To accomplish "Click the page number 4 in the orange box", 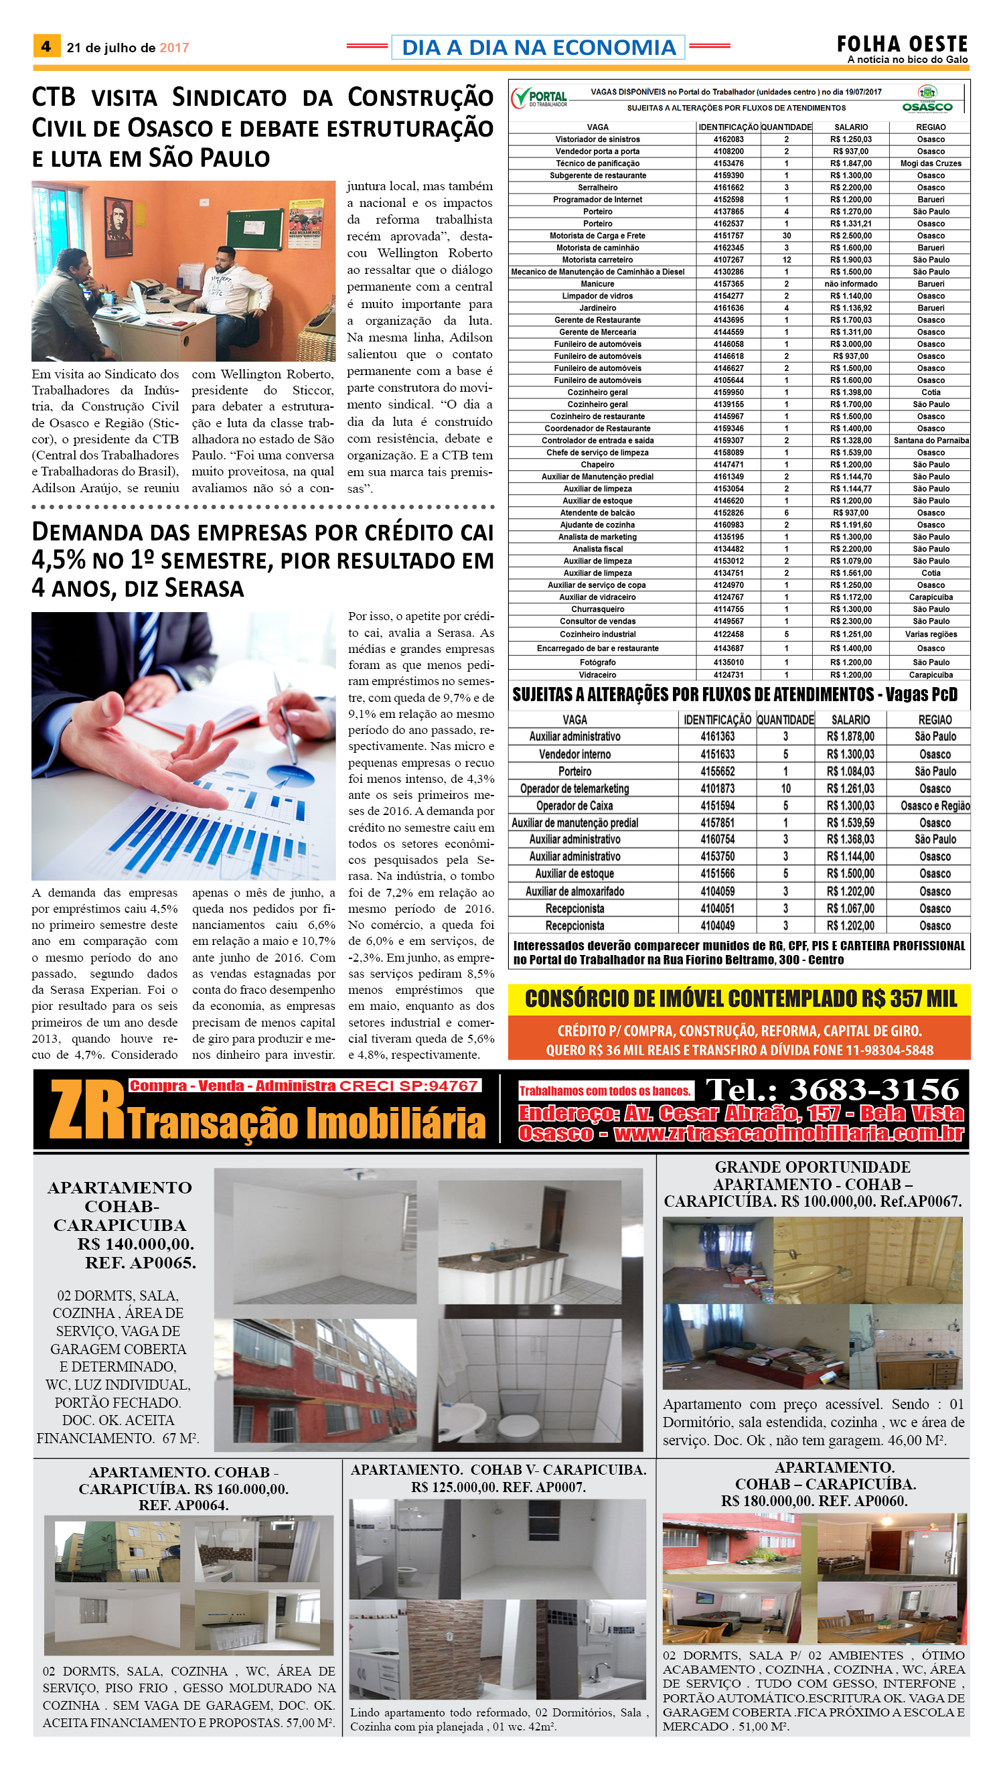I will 46,47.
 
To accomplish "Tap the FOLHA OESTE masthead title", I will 902,44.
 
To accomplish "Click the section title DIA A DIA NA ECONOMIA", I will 538,48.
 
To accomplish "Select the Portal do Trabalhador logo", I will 540,98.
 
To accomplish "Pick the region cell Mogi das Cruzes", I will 930,164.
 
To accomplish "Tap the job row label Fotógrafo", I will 597,663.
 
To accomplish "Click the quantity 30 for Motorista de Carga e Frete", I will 786,236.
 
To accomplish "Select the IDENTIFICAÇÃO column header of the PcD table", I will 717,720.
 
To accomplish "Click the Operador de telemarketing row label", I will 574,789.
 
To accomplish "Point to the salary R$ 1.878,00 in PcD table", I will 850,737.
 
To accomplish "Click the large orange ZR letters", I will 87,1110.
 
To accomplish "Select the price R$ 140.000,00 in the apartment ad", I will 135,1244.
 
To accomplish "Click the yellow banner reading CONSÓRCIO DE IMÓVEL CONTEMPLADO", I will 739,999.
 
